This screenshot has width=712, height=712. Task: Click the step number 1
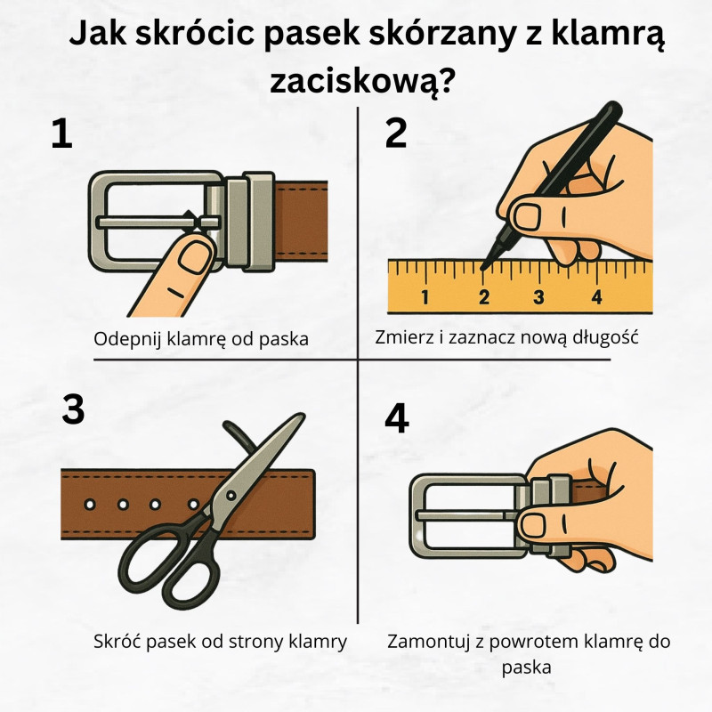(x=61, y=133)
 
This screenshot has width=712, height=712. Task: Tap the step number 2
(x=395, y=133)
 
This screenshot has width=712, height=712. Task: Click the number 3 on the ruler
(x=539, y=297)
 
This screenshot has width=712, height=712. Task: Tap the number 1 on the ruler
(x=425, y=297)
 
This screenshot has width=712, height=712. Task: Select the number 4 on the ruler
(x=596, y=297)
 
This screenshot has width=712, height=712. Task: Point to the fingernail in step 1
(x=192, y=258)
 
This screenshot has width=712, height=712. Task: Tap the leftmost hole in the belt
(x=89, y=505)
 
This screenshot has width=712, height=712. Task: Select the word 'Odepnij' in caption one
(x=125, y=338)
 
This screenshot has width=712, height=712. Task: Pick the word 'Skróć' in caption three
(x=114, y=641)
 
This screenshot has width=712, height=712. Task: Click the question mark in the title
(x=449, y=83)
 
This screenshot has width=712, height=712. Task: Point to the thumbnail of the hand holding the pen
(x=527, y=214)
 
